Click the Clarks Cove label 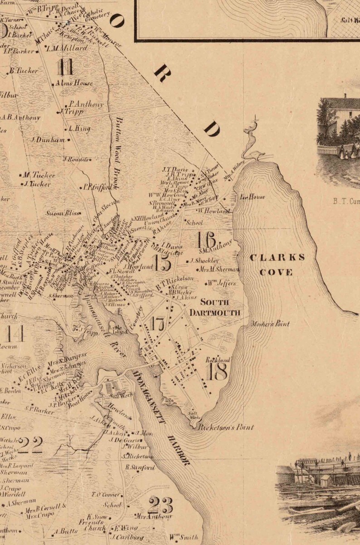coord(277,265)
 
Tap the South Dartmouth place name coord(214,308)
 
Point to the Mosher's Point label coord(270,324)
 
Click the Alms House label coord(74,83)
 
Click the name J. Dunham coord(48,140)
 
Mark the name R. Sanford coord(140,467)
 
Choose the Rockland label coord(218,360)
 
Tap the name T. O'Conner coord(106,495)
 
